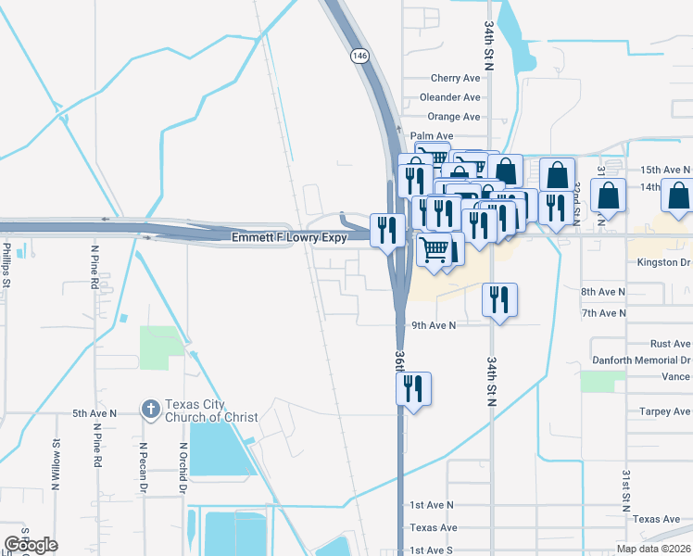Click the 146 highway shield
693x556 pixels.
359,57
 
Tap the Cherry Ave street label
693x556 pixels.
455,79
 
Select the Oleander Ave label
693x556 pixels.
449,97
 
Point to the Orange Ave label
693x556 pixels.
453,117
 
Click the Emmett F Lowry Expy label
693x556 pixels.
288,238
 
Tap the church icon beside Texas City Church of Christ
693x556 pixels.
149,409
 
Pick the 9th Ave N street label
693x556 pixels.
434,325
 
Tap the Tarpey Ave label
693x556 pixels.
664,411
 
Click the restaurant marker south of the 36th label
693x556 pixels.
413,388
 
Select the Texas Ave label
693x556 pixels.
435,527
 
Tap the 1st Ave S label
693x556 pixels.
432,550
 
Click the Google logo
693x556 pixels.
31,544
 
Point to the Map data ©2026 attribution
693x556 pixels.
653,550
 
